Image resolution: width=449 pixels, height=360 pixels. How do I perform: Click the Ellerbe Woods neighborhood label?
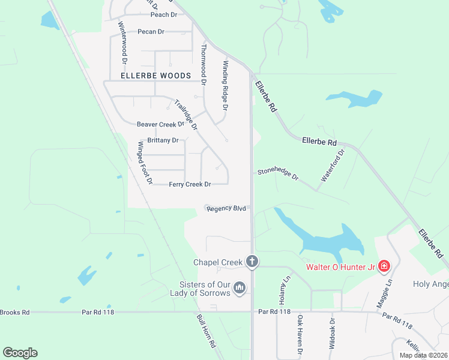click(x=155, y=76)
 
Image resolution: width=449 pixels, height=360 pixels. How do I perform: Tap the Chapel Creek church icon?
click(x=253, y=262)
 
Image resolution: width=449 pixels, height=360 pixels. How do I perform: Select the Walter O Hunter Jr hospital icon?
click(x=384, y=266)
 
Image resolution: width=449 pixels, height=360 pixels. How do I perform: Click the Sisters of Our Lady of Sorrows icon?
click(x=240, y=289)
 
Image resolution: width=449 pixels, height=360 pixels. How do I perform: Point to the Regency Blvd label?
click(x=226, y=209)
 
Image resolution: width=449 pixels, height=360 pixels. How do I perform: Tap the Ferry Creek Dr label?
click(x=190, y=184)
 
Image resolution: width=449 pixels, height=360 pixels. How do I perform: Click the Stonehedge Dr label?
click(x=278, y=174)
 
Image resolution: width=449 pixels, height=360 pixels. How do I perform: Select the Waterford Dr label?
click(x=334, y=166)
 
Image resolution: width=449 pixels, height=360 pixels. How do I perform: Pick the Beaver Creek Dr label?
click(x=160, y=124)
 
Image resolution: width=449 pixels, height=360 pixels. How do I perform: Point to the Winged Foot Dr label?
click(x=146, y=163)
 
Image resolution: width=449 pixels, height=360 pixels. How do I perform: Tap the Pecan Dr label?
click(x=150, y=31)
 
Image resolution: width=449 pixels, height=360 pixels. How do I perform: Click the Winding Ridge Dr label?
click(x=226, y=85)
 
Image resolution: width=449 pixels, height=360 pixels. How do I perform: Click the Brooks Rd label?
click(x=14, y=312)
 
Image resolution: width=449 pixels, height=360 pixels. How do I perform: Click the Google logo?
click(x=20, y=353)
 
